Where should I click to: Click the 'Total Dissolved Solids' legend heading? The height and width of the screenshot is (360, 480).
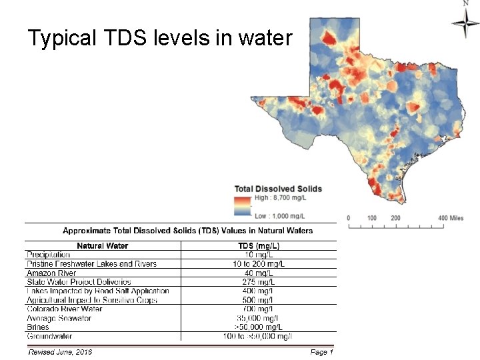coord(278,189)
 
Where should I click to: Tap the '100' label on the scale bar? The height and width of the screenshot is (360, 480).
coord(372,218)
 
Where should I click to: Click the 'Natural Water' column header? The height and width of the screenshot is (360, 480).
coord(103,245)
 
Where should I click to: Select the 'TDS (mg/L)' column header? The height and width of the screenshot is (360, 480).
coord(259,245)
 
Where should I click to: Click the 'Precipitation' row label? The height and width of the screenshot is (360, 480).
coord(48,255)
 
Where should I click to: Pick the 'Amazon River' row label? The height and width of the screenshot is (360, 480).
coord(51,273)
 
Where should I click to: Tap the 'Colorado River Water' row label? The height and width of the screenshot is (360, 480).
coord(65,309)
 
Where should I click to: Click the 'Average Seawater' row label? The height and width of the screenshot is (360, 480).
coord(59,318)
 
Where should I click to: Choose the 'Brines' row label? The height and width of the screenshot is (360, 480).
coord(38,327)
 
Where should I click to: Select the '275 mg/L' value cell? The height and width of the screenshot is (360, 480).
coord(259,282)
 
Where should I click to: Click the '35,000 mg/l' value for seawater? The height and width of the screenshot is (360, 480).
coord(259,318)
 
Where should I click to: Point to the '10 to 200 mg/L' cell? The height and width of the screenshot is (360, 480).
coord(259,264)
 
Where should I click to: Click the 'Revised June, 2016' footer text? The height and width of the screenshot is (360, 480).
coord(60,351)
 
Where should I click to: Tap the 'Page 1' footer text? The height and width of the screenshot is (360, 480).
coord(321,351)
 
